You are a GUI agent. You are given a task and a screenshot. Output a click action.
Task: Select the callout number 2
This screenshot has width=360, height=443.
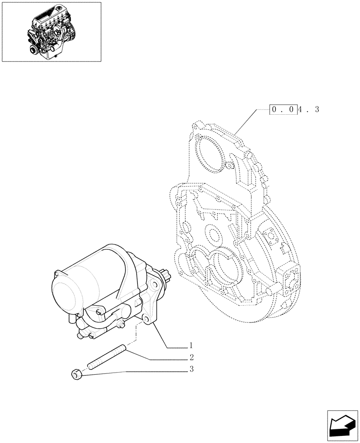(191, 357)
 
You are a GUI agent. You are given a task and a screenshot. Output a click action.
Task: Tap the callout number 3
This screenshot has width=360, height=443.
(191, 369)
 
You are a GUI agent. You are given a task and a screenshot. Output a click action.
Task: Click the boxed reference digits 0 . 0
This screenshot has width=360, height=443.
(283, 109)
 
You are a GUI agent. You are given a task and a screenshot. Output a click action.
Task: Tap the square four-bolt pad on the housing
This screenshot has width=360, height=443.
(269, 237)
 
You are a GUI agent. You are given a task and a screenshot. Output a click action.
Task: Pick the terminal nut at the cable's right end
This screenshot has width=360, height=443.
(121, 326)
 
